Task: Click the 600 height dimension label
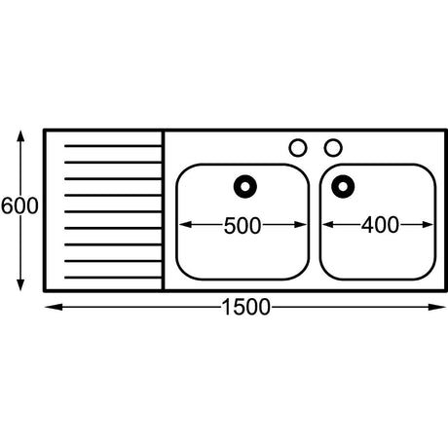19,205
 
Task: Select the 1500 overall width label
245,307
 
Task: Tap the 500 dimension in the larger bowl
243,226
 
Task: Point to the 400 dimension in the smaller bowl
380,225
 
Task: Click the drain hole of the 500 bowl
245,187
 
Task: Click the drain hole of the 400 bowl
343,187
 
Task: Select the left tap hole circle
298,148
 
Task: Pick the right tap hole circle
333,148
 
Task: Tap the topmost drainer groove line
113,146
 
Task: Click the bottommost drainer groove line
113,278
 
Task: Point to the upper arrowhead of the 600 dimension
20,136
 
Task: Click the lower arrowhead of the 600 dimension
20,285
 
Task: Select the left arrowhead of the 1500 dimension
54,307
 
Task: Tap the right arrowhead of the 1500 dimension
437,307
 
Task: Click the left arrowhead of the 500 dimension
185,225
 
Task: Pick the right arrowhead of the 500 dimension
300,225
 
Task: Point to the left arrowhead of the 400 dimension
328,225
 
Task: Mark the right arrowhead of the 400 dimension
428,225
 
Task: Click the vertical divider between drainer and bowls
163,210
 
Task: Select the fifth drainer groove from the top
113,211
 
